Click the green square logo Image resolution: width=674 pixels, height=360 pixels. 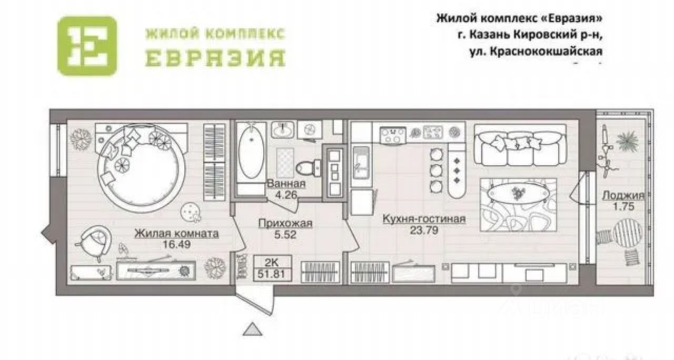pyautogui.click(x=86, y=46)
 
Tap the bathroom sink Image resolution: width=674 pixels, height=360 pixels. pyautogui.click(x=282, y=129)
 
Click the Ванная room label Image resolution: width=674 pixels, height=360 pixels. pyautogui.click(x=286, y=184)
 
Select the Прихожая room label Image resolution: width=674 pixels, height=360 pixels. pyautogui.click(x=285, y=224)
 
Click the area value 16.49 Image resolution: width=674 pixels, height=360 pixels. pyautogui.click(x=176, y=245)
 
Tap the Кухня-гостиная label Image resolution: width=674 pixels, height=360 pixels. pyautogui.click(x=424, y=219)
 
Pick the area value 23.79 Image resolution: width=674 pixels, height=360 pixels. pyautogui.click(x=424, y=230)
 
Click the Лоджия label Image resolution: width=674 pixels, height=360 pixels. pyautogui.click(x=623, y=196)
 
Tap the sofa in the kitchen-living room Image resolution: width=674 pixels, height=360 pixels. pyautogui.click(x=520, y=145)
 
